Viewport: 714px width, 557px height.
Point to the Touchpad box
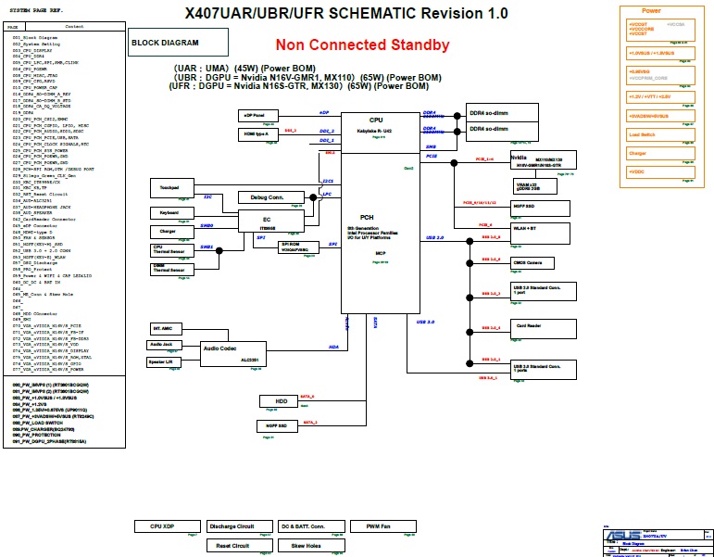pos(169,188)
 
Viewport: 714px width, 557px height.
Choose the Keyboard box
pos(169,212)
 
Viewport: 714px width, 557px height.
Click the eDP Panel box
pos(255,115)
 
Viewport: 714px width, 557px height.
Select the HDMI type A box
pos(255,134)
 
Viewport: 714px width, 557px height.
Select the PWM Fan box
pos(378,526)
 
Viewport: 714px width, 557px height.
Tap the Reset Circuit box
pos(232,546)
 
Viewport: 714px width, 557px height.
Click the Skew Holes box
pos(305,546)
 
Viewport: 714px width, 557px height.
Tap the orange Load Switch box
pos(656,135)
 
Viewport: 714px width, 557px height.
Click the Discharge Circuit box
pos(232,526)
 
